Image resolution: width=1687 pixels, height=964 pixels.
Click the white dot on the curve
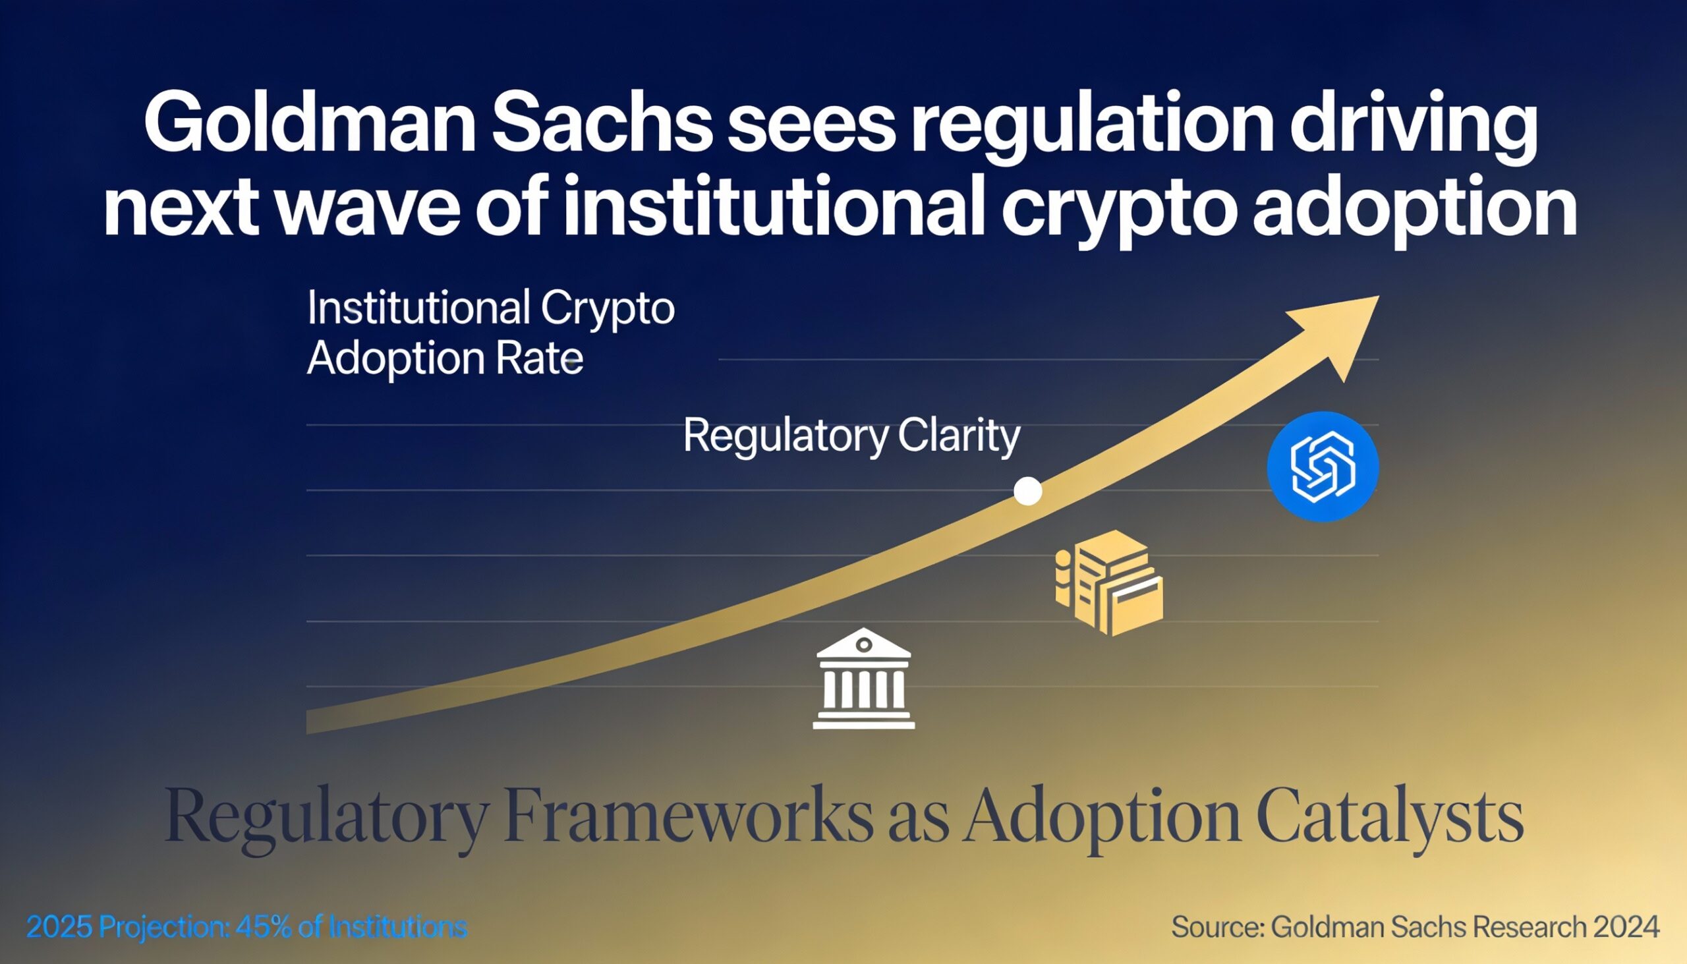[1027, 492]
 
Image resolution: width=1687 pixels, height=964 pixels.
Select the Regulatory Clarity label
[851, 437]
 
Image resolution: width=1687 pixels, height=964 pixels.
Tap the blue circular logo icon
[1323, 466]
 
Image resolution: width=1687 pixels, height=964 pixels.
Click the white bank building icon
[863, 679]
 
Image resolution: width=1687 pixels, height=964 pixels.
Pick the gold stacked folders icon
[1110, 582]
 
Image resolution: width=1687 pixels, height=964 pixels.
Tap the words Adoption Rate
[445, 359]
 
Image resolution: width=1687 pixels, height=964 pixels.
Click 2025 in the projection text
[59, 927]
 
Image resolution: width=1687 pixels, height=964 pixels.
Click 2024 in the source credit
[1626, 927]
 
